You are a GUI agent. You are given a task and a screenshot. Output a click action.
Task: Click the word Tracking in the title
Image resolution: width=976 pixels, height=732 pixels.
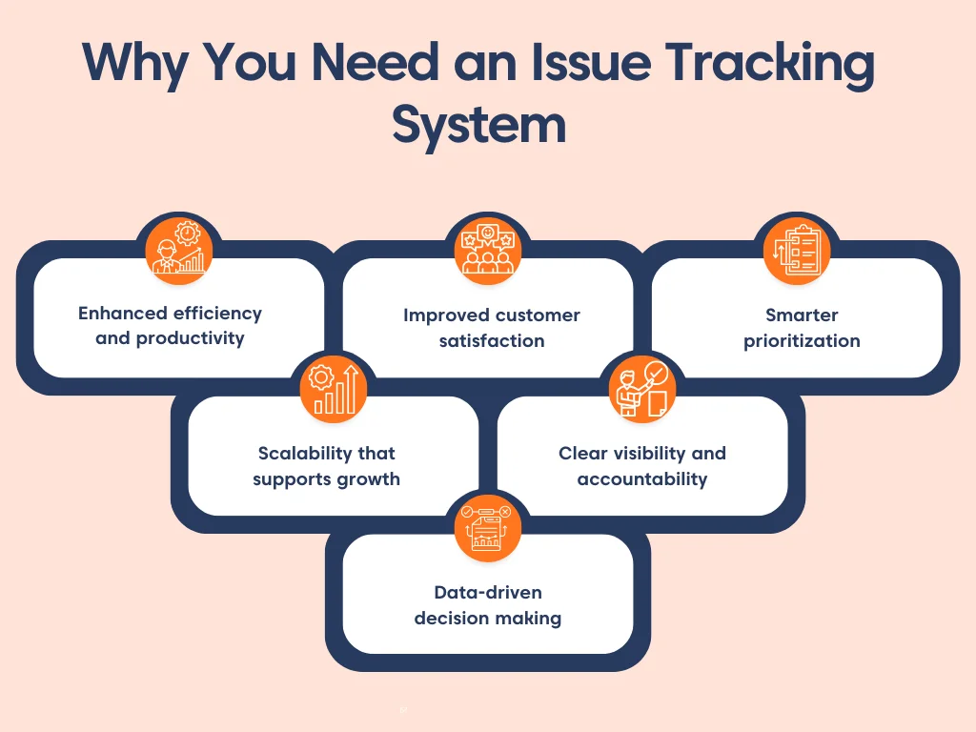pyautogui.click(x=769, y=64)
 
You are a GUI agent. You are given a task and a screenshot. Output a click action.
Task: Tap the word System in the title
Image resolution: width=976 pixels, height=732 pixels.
pyautogui.click(x=479, y=126)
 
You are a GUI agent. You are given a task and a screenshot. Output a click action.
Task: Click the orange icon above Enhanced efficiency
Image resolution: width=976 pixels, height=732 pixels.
pyautogui.click(x=179, y=251)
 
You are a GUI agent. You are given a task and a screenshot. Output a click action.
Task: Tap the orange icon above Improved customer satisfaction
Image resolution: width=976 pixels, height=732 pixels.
pyautogui.click(x=488, y=251)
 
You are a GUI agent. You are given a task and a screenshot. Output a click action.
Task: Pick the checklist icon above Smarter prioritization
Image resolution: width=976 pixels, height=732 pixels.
pyautogui.click(x=797, y=251)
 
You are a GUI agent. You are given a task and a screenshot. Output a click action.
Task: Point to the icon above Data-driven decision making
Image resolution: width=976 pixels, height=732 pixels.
pyautogui.click(x=488, y=527)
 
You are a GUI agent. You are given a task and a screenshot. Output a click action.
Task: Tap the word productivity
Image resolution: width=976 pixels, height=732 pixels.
pyautogui.click(x=190, y=338)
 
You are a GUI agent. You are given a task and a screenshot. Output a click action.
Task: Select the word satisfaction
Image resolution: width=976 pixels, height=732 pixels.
pyautogui.click(x=492, y=340)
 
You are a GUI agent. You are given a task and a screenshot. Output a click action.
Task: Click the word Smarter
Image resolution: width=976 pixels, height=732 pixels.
pyautogui.click(x=802, y=315)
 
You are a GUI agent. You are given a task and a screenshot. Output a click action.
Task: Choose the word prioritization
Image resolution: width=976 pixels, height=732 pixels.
pyautogui.click(x=802, y=340)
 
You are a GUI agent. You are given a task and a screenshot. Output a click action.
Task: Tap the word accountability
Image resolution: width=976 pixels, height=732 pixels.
pyautogui.click(x=642, y=478)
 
